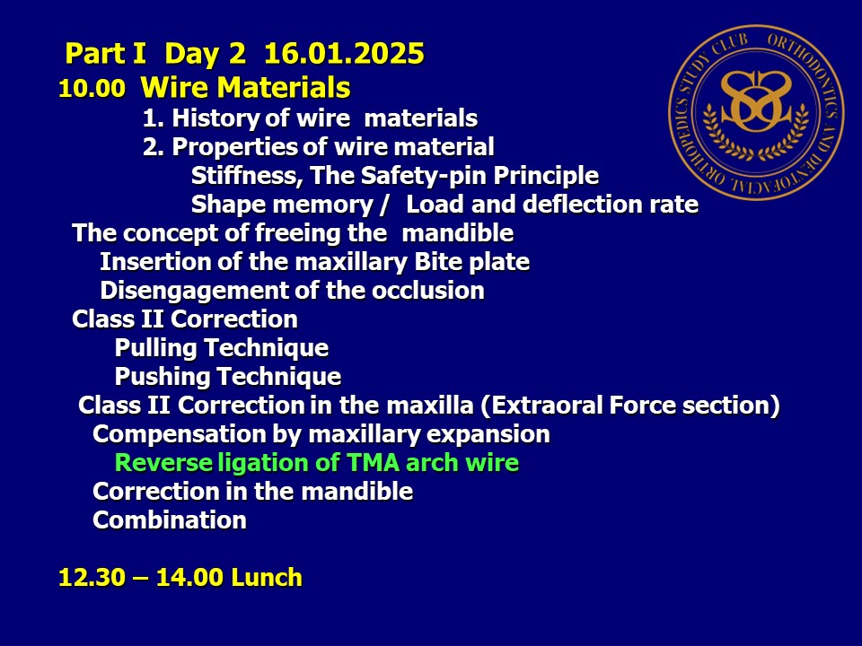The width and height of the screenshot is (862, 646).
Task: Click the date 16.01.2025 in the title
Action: (x=344, y=53)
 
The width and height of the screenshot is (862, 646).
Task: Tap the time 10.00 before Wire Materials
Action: (x=92, y=89)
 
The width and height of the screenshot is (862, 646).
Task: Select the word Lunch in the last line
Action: (x=267, y=577)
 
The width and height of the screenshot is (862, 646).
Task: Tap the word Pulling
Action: (x=156, y=348)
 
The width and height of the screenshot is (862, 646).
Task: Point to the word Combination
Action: (x=170, y=520)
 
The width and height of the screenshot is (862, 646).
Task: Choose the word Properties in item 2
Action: (x=234, y=147)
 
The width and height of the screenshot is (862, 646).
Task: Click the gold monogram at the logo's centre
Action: (x=756, y=102)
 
